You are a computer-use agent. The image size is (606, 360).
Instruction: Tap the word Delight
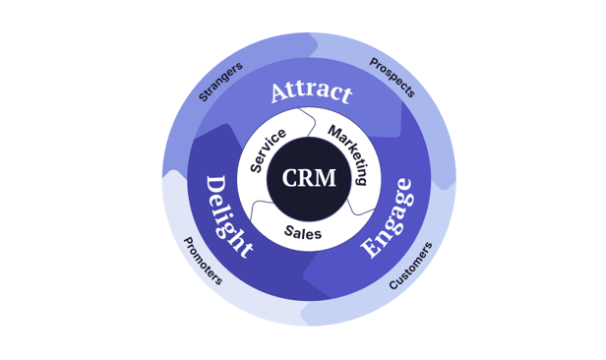click(x=228, y=217)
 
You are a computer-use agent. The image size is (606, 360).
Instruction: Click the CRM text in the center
click(x=309, y=179)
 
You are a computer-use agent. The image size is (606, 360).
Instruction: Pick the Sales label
click(x=303, y=232)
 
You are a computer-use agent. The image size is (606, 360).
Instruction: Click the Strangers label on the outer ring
click(x=220, y=82)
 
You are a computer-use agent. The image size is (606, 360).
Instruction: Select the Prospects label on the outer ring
click(x=392, y=78)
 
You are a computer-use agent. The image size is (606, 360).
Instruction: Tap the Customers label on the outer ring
click(x=410, y=267)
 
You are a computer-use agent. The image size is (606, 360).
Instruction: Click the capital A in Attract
click(x=279, y=95)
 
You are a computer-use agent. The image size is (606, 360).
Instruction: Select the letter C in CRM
click(x=290, y=179)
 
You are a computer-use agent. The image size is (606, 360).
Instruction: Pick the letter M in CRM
click(x=327, y=179)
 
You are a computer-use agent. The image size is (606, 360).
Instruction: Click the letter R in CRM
click(x=307, y=179)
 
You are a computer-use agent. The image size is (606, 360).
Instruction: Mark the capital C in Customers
click(x=394, y=284)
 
